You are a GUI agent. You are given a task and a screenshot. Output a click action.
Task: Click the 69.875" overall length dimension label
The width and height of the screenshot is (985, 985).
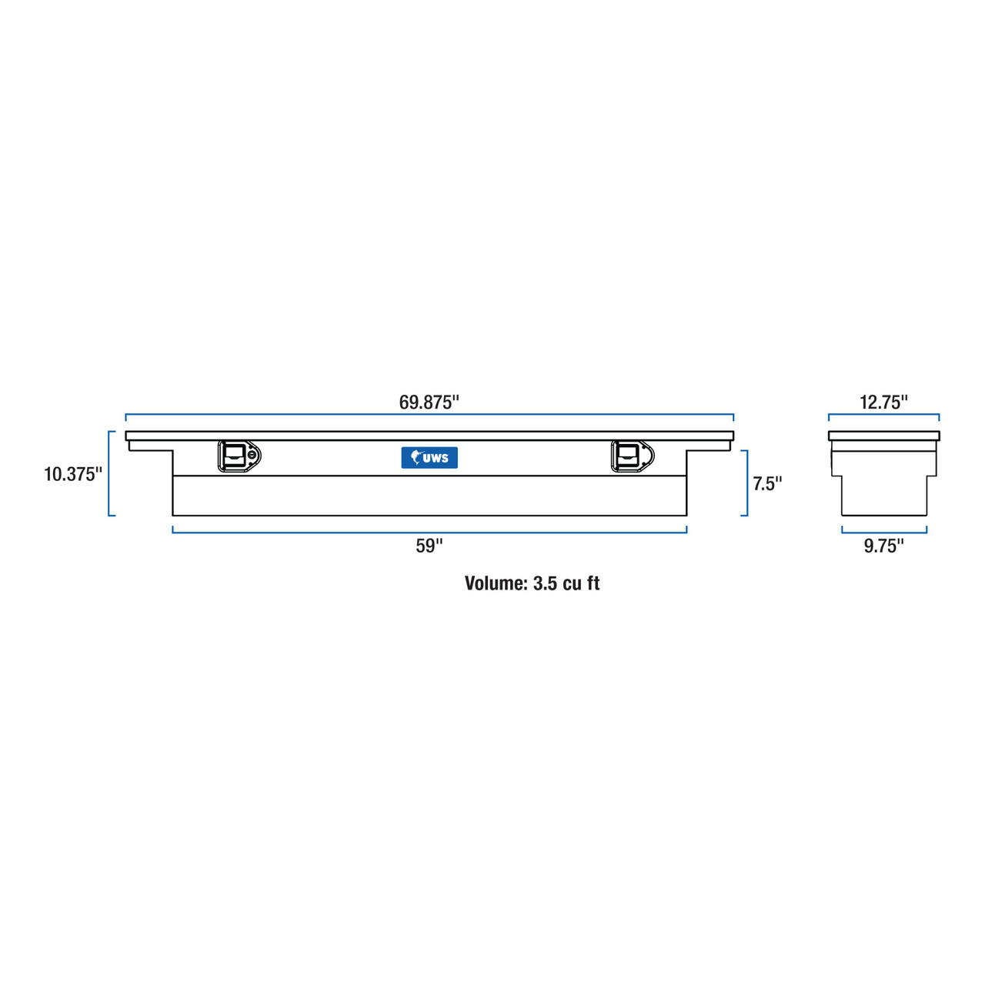click(x=429, y=402)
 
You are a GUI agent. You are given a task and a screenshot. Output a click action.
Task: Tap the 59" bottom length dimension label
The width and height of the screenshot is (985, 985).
click(x=429, y=546)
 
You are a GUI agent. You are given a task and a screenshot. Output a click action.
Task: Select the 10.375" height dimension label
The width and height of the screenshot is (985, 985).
click(x=72, y=474)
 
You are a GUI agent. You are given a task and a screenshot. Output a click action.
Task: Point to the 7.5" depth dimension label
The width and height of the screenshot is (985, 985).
click(x=766, y=483)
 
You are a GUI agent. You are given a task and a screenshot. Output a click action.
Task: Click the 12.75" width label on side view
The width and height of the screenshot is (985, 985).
click(x=883, y=402)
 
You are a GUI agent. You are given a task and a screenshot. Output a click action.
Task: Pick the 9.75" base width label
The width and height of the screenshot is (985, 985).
click(x=883, y=546)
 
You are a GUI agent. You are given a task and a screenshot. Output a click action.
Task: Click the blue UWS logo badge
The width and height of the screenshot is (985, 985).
click(x=429, y=458)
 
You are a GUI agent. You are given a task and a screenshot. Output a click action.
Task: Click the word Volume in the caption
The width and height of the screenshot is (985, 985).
click(x=496, y=583)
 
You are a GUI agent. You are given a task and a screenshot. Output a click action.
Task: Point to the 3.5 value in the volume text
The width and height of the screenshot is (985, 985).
click(x=544, y=583)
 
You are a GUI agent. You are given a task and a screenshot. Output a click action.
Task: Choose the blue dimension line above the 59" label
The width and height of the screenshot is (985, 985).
click(x=429, y=532)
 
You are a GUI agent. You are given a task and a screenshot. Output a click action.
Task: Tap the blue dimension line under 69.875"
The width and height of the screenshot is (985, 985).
click(x=429, y=415)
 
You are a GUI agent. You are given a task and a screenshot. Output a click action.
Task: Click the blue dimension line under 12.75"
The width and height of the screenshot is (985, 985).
click(x=883, y=415)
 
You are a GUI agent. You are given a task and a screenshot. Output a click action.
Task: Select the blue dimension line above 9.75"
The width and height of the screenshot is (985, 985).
click(x=883, y=532)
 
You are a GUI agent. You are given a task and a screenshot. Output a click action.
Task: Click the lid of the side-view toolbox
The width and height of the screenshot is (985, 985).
click(x=883, y=436)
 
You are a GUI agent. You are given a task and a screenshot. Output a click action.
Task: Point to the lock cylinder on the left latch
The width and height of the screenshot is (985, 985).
click(x=252, y=455)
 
